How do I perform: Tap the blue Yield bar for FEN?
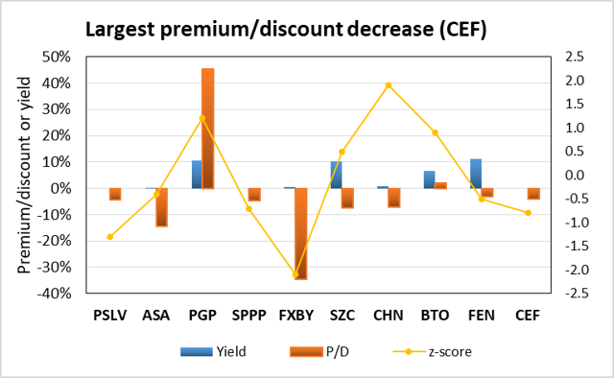475,174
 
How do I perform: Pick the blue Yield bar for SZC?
336,175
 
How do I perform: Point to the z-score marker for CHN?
388,85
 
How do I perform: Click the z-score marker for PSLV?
109,236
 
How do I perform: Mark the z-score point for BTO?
435,132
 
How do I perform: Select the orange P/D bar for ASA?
161,207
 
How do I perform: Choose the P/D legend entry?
317,351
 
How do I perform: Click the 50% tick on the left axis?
57,58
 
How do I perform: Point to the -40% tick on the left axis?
55,294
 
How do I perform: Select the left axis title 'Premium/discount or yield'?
23,175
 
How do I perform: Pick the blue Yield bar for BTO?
429,179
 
